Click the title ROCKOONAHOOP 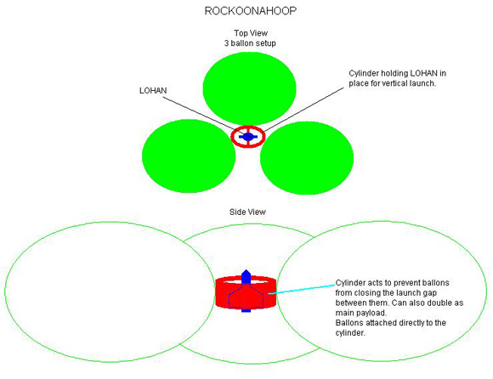pos(251,11)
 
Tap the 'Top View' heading pos(251,33)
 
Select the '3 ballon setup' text pos(250,43)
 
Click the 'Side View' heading pos(247,212)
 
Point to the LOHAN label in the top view pos(153,91)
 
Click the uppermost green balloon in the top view pos(249,88)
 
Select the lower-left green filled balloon pos(189,156)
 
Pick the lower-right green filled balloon pos(307,158)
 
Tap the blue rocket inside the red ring pos(248,137)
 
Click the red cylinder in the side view pos(246,292)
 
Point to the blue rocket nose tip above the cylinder pos(246,270)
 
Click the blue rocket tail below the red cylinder pos(246,310)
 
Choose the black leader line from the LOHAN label pos(204,116)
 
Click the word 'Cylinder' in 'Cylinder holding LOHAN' pos(364,74)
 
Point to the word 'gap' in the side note pos(429,293)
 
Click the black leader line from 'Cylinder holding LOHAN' pos(303,110)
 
